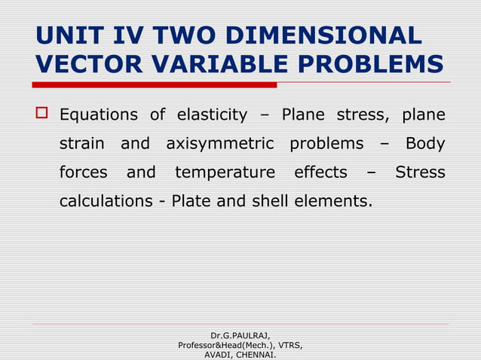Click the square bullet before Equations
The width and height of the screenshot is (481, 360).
tap(42, 115)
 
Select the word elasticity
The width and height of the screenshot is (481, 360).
tap(212, 115)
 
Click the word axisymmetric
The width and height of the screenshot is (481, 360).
tap(219, 144)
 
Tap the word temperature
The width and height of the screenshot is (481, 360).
tap(225, 172)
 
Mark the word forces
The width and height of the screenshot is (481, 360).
tap(84, 172)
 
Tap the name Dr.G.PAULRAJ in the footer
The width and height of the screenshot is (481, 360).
tap(240, 335)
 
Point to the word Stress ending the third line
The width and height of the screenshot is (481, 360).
tap(421, 172)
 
